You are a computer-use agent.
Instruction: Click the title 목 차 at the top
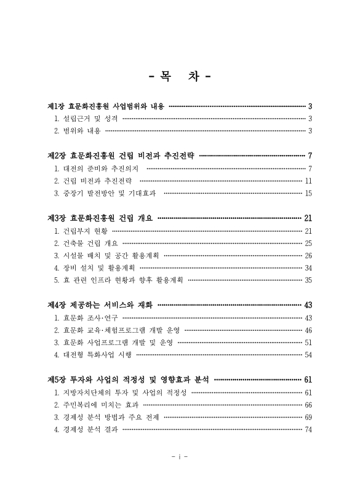click(180, 78)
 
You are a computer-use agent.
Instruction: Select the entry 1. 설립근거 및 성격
click(86, 118)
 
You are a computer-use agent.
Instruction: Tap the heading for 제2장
click(120, 156)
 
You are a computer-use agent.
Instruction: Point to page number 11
click(308, 181)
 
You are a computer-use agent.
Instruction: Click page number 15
click(308, 193)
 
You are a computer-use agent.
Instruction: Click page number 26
click(308, 256)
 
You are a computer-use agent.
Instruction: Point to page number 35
click(308, 280)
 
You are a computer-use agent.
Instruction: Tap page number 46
click(308, 330)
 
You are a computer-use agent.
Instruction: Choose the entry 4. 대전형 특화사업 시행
click(93, 355)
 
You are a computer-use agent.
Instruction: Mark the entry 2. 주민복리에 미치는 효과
click(97, 405)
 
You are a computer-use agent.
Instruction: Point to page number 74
click(308, 430)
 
